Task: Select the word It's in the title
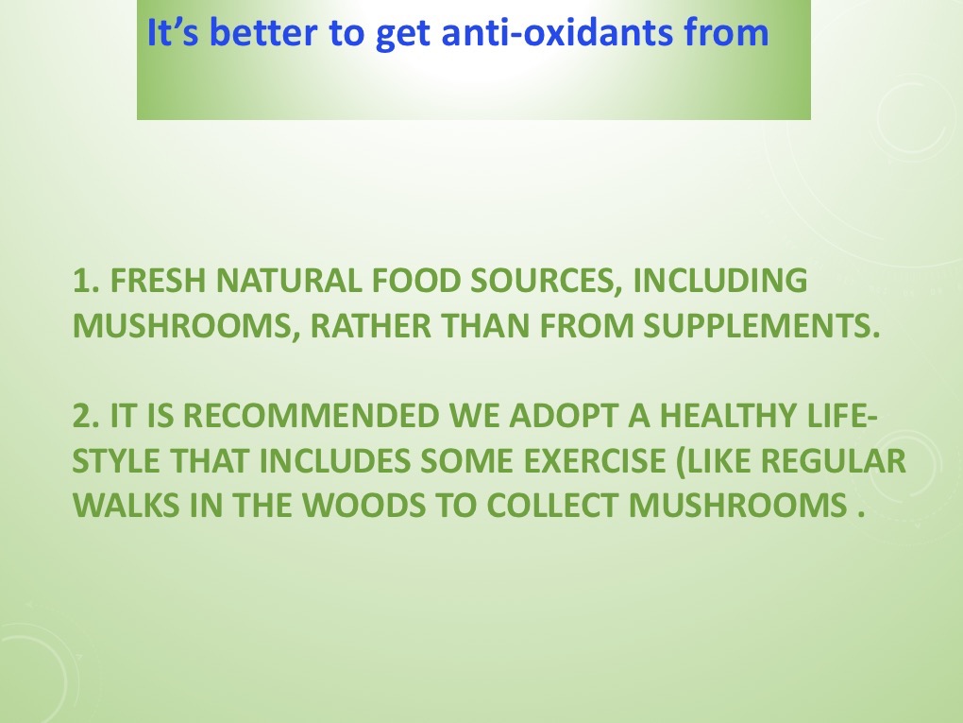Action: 173,32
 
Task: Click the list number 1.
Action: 85,281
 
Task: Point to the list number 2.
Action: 85,416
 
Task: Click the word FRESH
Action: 158,281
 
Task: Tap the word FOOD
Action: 416,281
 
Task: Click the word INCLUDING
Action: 719,281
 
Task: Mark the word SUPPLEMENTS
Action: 762,325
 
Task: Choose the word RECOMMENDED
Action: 312,416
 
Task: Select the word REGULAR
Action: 834,460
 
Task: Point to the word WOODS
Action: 363,506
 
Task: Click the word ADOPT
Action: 564,416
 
